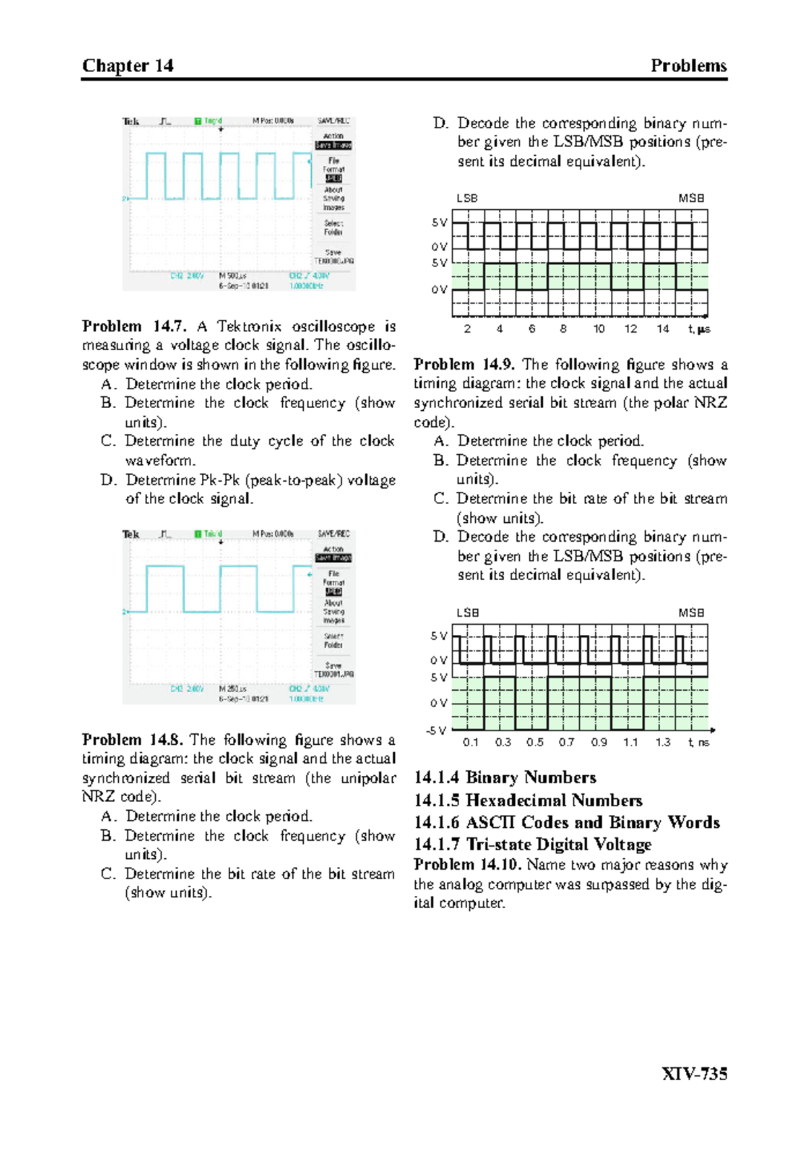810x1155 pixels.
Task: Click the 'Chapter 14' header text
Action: click(128, 66)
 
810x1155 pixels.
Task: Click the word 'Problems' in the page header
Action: click(688, 66)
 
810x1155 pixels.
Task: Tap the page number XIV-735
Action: click(694, 1073)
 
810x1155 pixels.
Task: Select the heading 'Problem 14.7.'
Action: click(134, 327)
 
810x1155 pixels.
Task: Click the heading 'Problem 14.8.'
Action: click(132, 739)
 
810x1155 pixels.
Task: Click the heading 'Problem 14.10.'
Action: click(468, 865)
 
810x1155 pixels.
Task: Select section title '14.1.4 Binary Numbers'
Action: click(505, 777)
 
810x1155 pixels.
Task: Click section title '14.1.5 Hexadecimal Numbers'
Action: click(528, 800)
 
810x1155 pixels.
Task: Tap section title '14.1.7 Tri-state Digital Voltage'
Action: click(533, 844)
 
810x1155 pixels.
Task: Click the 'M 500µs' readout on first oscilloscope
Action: click(232, 276)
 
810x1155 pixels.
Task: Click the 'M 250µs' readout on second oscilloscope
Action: click(232, 689)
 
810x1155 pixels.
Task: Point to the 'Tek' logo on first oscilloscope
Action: click(131, 121)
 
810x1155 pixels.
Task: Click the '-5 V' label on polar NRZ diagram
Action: click(436, 730)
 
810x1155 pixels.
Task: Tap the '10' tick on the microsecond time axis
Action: click(599, 329)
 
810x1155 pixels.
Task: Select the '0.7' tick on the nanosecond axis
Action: click(566, 742)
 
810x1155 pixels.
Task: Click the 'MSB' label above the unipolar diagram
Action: click(691, 198)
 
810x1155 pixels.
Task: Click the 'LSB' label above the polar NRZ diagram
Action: click(467, 613)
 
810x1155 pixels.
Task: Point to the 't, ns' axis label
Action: click(699, 742)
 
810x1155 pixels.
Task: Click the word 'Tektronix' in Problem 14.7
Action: click(249, 327)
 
